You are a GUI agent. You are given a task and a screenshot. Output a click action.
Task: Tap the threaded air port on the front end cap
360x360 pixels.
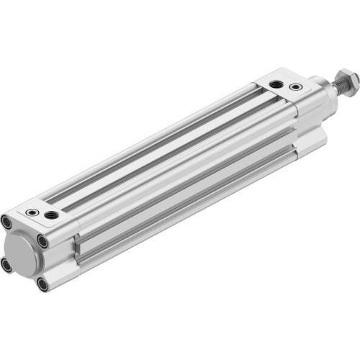[276, 84]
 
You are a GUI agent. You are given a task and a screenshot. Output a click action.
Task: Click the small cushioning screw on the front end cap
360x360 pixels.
[295, 87]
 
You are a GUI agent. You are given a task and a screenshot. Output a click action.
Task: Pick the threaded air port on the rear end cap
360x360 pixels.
[51, 215]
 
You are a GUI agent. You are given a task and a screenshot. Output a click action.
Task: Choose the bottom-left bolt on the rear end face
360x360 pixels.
[7, 266]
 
